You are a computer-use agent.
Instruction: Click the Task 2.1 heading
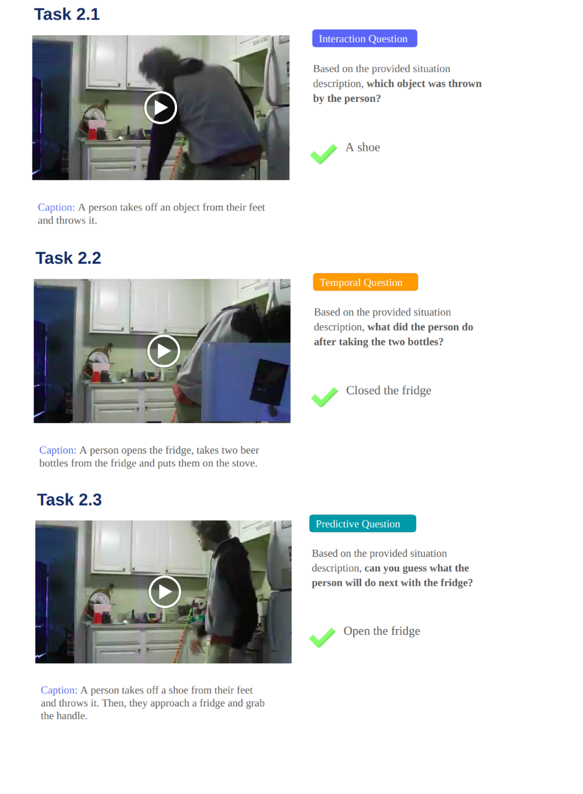click(67, 15)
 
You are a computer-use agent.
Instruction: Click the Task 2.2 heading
click(68, 258)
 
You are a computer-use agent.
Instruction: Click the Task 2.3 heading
click(69, 500)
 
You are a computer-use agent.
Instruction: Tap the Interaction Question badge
click(365, 39)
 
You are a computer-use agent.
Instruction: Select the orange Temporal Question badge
click(365, 282)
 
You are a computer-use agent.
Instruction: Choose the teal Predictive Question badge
click(362, 523)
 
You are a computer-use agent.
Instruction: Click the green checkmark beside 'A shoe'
click(323, 154)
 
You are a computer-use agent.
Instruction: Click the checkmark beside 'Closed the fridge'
click(325, 397)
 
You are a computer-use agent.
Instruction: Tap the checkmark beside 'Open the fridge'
click(322, 637)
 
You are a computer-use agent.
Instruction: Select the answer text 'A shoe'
click(362, 147)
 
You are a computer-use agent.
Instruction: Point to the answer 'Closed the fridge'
click(388, 390)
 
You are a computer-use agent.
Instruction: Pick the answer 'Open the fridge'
click(381, 631)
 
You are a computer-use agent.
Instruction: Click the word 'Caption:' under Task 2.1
click(56, 207)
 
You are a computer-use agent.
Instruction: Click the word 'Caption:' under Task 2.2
click(58, 450)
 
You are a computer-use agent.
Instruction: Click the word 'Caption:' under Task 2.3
click(59, 690)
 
